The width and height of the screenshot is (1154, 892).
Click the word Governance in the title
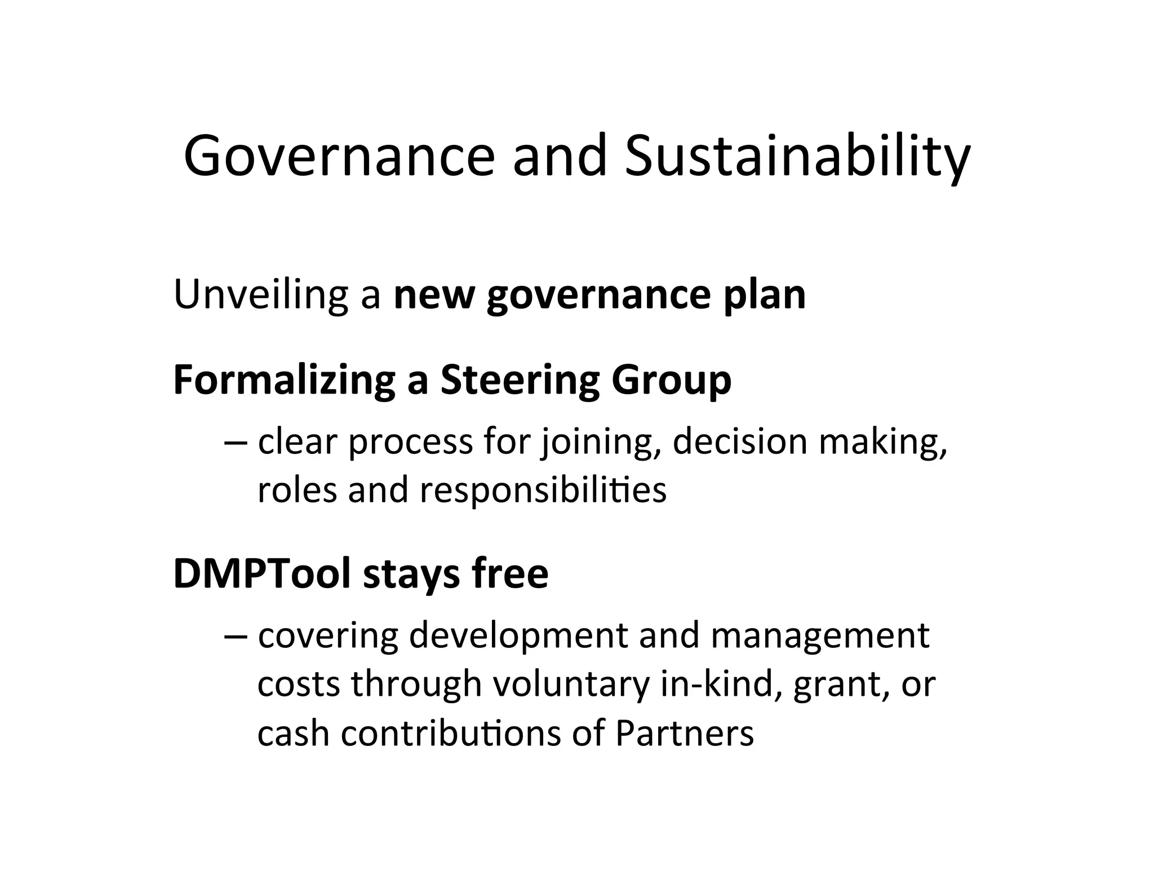(338, 156)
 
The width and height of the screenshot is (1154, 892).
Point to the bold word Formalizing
(284, 381)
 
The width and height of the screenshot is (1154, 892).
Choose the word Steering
(520, 381)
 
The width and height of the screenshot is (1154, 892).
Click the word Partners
(684, 734)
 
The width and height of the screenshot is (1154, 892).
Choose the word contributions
(451, 734)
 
